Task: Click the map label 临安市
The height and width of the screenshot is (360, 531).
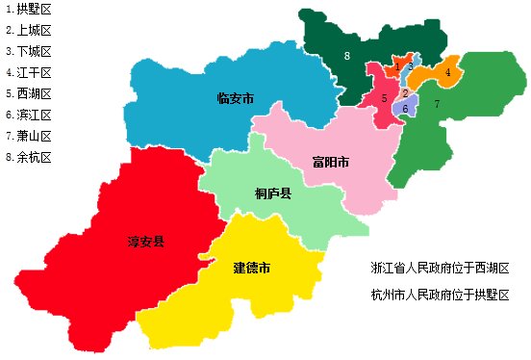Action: [236, 98]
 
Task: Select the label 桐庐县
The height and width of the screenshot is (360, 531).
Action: [274, 193]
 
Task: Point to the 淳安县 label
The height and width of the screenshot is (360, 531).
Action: [146, 241]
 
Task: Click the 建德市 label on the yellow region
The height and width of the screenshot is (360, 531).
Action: [251, 267]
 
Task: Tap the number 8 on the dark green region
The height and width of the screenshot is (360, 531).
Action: [346, 57]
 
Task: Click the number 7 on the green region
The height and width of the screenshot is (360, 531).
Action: [437, 103]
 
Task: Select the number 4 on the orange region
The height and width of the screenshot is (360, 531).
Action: [448, 72]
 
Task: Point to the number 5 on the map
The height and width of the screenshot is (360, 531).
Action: [384, 98]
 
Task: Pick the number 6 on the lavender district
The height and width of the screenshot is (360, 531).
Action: [406, 109]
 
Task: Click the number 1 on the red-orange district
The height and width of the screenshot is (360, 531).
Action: [396, 67]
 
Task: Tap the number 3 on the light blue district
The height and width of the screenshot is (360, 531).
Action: [410, 66]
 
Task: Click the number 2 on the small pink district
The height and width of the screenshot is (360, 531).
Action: [406, 93]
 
